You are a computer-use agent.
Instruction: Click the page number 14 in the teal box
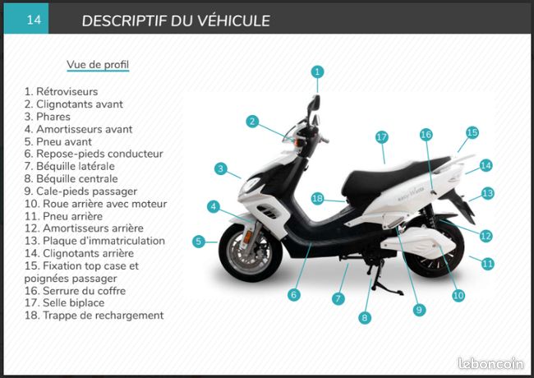[x=34, y=20]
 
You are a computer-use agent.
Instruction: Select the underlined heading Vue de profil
[x=98, y=64]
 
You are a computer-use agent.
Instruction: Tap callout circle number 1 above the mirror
[x=317, y=71]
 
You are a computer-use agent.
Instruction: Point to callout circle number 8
[x=365, y=318]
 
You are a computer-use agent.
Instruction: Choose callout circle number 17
[x=382, y=137]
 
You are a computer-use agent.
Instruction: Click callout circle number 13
[x=487, y=193]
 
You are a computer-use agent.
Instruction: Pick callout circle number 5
[x=199, y=242]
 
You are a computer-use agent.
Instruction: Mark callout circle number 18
[x=317, y=198]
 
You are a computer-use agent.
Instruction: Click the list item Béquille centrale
[x=71, y=178]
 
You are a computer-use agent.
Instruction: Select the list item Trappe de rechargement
[x=94, y=315]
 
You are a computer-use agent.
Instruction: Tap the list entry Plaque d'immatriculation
[x=94, y=241]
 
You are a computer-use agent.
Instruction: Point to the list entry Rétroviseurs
[x=61, y=91]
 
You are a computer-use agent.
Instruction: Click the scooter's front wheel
[x=251, y=252]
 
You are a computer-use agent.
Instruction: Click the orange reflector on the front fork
[x=247, y=237]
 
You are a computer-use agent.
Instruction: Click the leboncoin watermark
[x=490, y=363]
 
